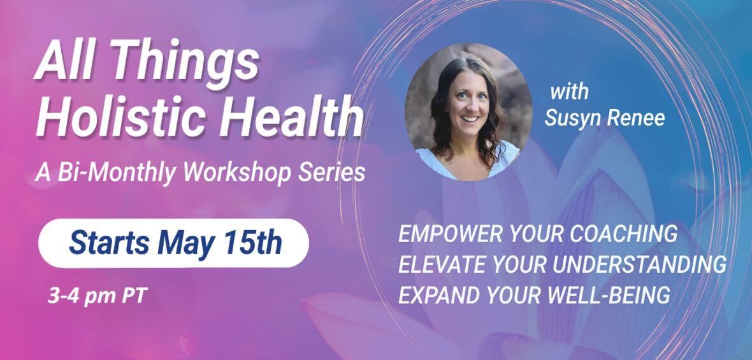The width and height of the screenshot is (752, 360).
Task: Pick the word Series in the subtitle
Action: tap(331, 172)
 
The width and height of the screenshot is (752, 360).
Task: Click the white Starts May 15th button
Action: tap(173, 243)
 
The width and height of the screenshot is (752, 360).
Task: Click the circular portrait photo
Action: tap(468, 112)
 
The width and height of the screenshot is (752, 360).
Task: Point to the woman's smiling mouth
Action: tap(470, 118)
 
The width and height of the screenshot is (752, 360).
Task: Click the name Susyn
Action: tap(573, 119)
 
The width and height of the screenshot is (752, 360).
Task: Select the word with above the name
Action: tap(569, 92)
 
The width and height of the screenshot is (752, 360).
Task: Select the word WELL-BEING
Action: tap(609, 295)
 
